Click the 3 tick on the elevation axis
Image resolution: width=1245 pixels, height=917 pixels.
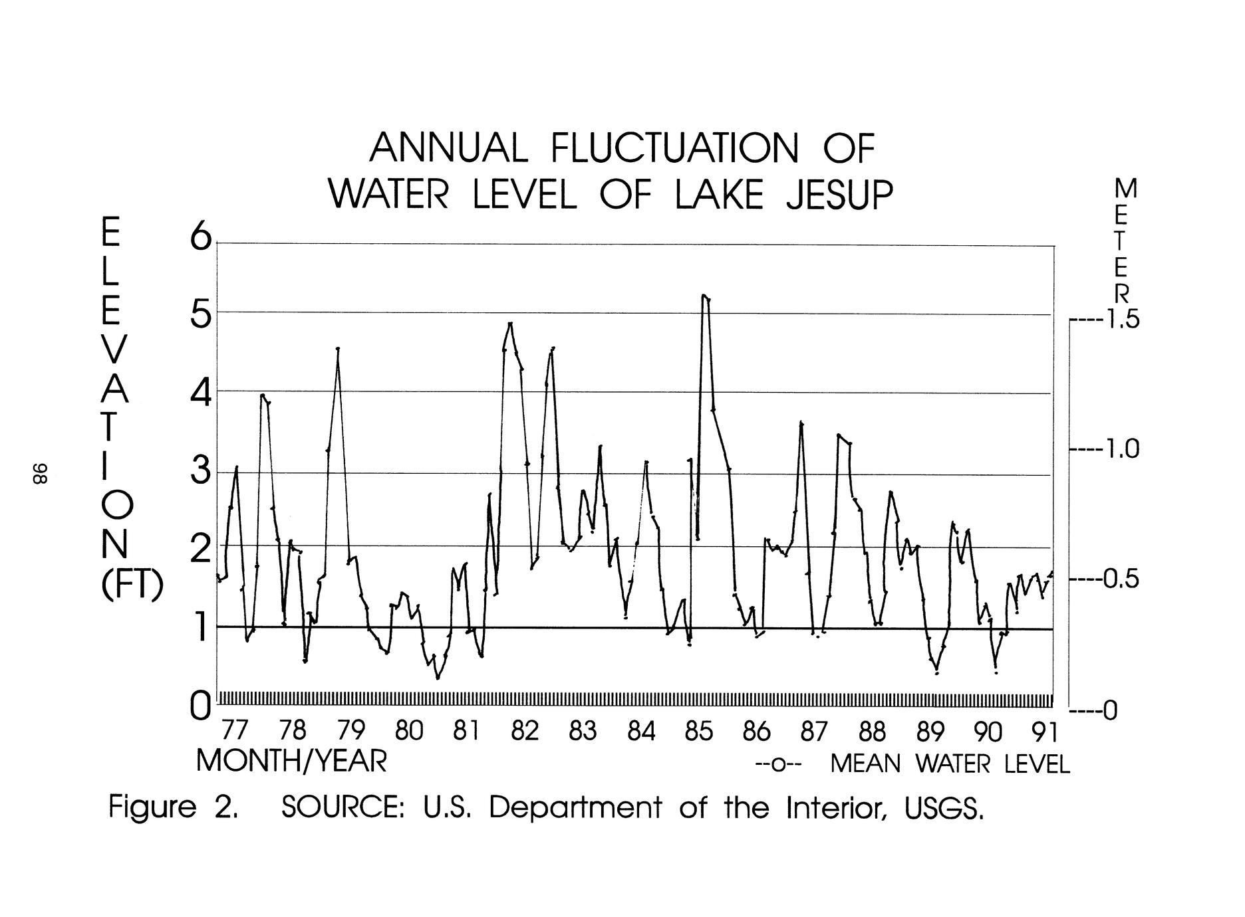[200, 473]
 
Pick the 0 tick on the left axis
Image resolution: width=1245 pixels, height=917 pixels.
[200, 706]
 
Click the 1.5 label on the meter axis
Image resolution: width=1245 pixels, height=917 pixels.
[1121, 321]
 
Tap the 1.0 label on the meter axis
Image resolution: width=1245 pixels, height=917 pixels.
[1121, 450]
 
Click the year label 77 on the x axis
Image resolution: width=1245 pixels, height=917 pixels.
[233, 732]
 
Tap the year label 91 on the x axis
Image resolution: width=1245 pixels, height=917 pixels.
[1043, 732]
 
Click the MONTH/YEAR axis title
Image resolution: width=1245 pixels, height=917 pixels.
[291, 762]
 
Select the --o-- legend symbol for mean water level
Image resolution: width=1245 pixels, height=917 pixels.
[779, 765]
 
